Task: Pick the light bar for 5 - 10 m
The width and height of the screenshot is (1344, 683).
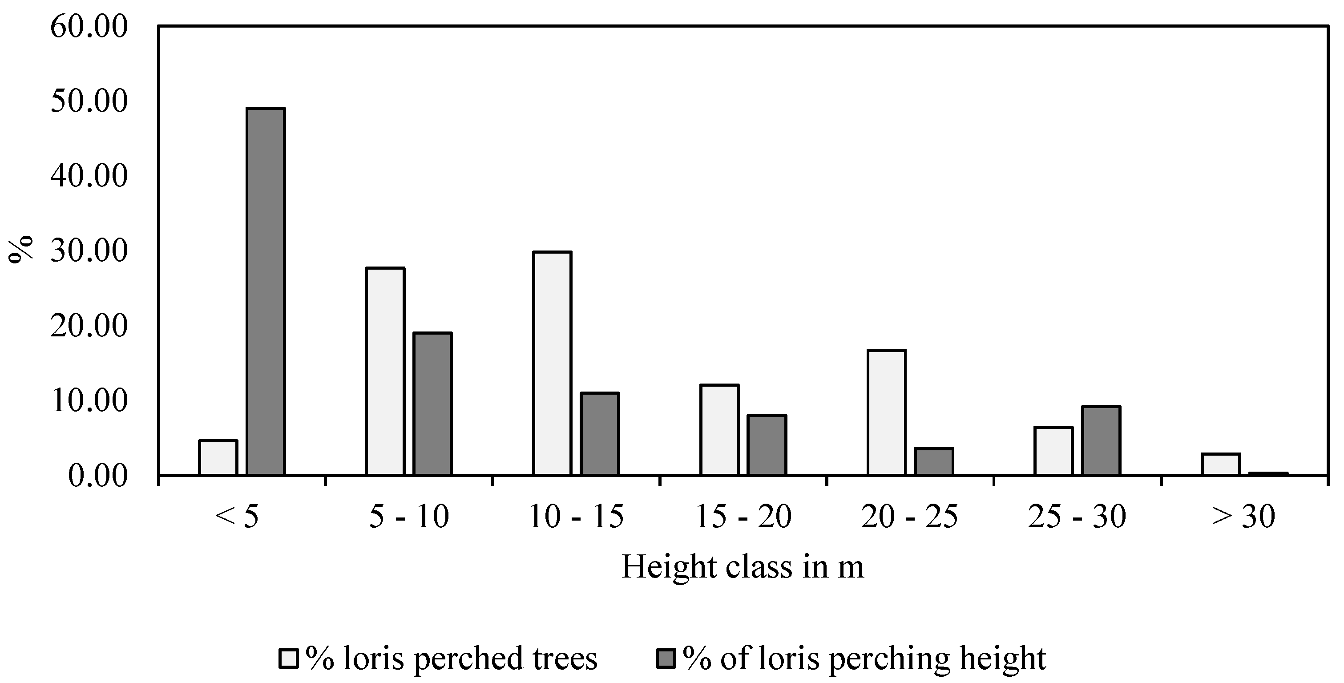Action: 385,371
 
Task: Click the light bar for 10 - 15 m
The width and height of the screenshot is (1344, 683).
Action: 552,363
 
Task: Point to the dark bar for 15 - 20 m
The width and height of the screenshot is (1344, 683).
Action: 767,445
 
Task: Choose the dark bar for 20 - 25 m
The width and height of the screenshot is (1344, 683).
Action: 934,461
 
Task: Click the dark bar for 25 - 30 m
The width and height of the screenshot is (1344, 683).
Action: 1101,441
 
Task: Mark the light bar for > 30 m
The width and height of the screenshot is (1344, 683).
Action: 1221,465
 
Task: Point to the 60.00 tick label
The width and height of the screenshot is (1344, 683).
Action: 89,27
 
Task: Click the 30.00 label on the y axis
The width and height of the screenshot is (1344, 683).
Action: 89,251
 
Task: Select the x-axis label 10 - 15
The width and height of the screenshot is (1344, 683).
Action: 576,517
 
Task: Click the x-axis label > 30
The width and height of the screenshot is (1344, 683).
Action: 1244,517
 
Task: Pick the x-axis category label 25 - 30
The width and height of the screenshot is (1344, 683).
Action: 1077,517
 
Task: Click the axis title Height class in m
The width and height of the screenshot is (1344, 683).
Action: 743,568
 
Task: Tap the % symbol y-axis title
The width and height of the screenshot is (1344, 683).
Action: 21,250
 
